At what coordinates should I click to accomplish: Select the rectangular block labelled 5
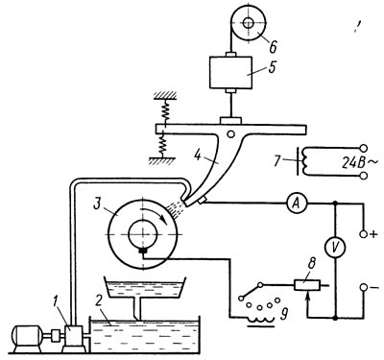(230, 73)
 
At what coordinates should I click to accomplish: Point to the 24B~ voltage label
(360, 164)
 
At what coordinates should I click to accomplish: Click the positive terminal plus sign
(373, 234)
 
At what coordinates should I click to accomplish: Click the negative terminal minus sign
(373, 288)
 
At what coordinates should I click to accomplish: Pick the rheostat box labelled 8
(307, 285)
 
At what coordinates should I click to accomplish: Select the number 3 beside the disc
(98, 204)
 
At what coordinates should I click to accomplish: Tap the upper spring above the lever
(166, 110)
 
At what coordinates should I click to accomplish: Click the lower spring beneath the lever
(163, 143)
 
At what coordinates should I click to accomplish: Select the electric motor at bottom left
(26, 339)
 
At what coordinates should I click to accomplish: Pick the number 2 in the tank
(98, 309)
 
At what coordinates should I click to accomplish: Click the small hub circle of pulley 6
(249, 23)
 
